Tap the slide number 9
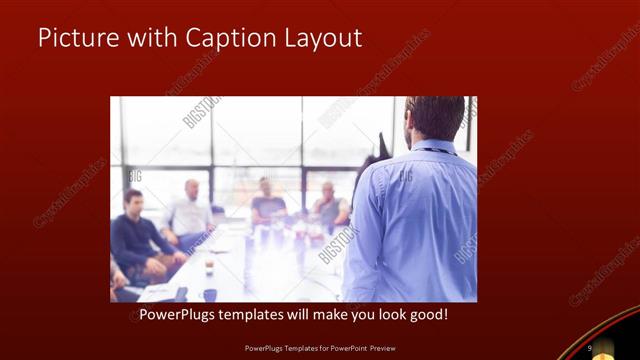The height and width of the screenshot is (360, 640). [x=590, y=348]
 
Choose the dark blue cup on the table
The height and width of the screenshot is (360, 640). [x=209, y=295]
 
